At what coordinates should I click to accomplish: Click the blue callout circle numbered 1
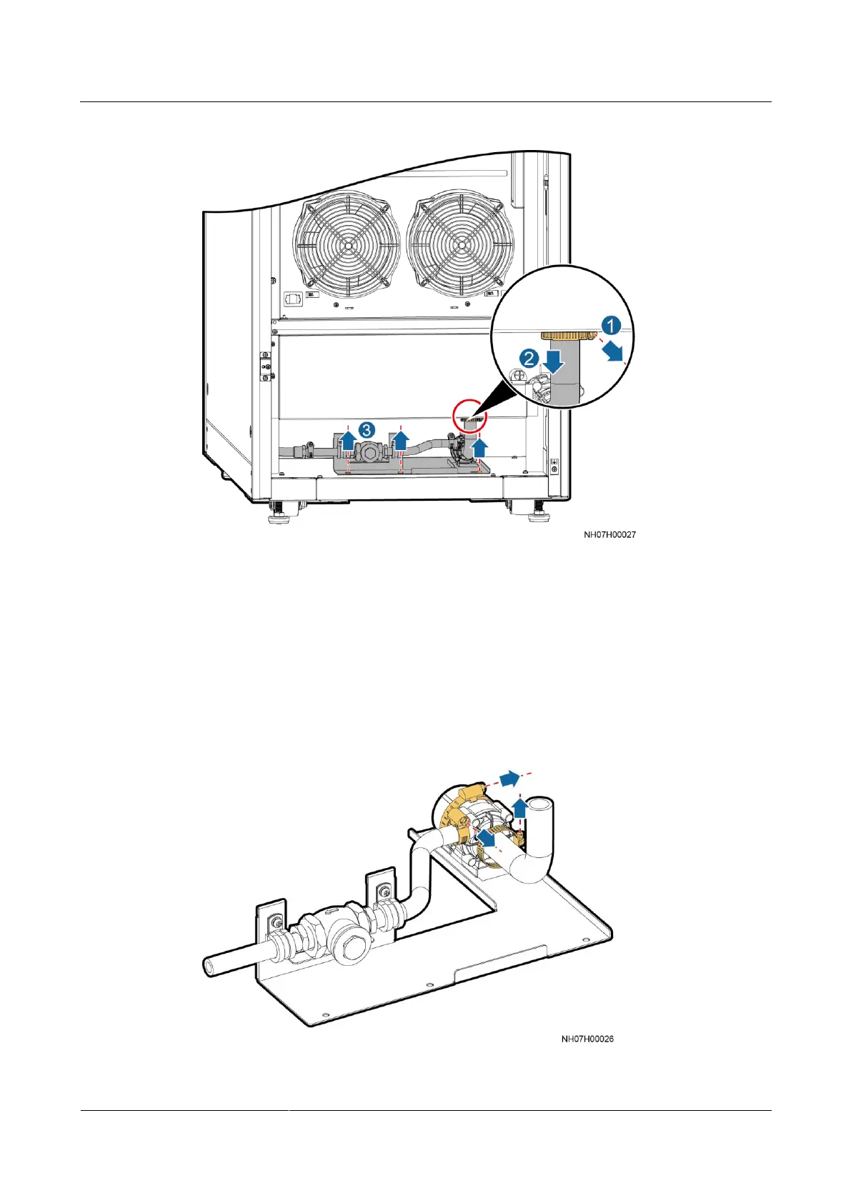pos(609,326)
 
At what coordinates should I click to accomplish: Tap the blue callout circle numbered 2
pos(528,358)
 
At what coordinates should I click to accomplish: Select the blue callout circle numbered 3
pos(366,429)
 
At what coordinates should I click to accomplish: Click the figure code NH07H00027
pos(609,534)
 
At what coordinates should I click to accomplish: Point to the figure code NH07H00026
pos(587,1039)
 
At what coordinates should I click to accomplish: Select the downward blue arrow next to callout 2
pos(553,362)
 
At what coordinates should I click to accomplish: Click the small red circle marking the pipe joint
pos(469,415)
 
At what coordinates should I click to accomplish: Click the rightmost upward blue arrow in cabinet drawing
pos(480,448)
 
